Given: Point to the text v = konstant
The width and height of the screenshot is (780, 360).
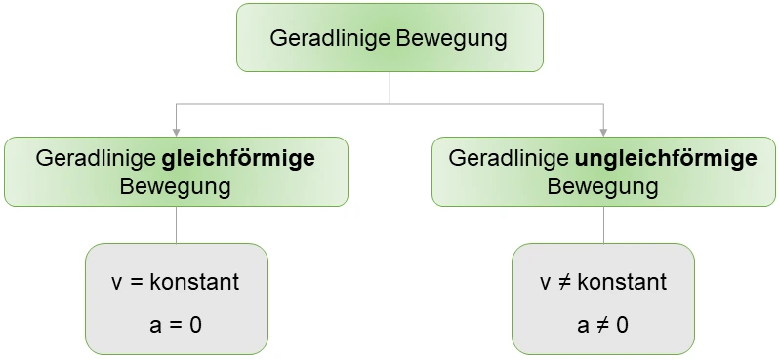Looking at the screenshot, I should point(176,283).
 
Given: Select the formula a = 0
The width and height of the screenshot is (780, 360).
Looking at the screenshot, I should point(176,324).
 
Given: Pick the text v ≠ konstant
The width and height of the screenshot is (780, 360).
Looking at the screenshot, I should point(603,283).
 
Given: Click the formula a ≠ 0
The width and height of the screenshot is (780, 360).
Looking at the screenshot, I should point(603,324).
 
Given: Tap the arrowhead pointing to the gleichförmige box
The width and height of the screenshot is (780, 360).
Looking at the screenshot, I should point(176,132).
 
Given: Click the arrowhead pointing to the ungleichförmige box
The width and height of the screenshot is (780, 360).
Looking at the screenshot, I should point(603,132).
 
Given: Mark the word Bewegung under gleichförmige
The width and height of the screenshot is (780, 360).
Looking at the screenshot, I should point(176,185).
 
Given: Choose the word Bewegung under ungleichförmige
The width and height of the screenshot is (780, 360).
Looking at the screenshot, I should point(603,185).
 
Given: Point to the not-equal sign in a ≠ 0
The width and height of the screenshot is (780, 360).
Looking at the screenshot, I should point(603,324).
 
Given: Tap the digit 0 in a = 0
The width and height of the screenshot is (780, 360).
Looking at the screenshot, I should point(195,324).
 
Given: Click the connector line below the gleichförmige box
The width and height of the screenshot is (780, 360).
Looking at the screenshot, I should point(176,224).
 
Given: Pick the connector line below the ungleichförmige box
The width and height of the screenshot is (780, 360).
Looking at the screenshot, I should point(603,224).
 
